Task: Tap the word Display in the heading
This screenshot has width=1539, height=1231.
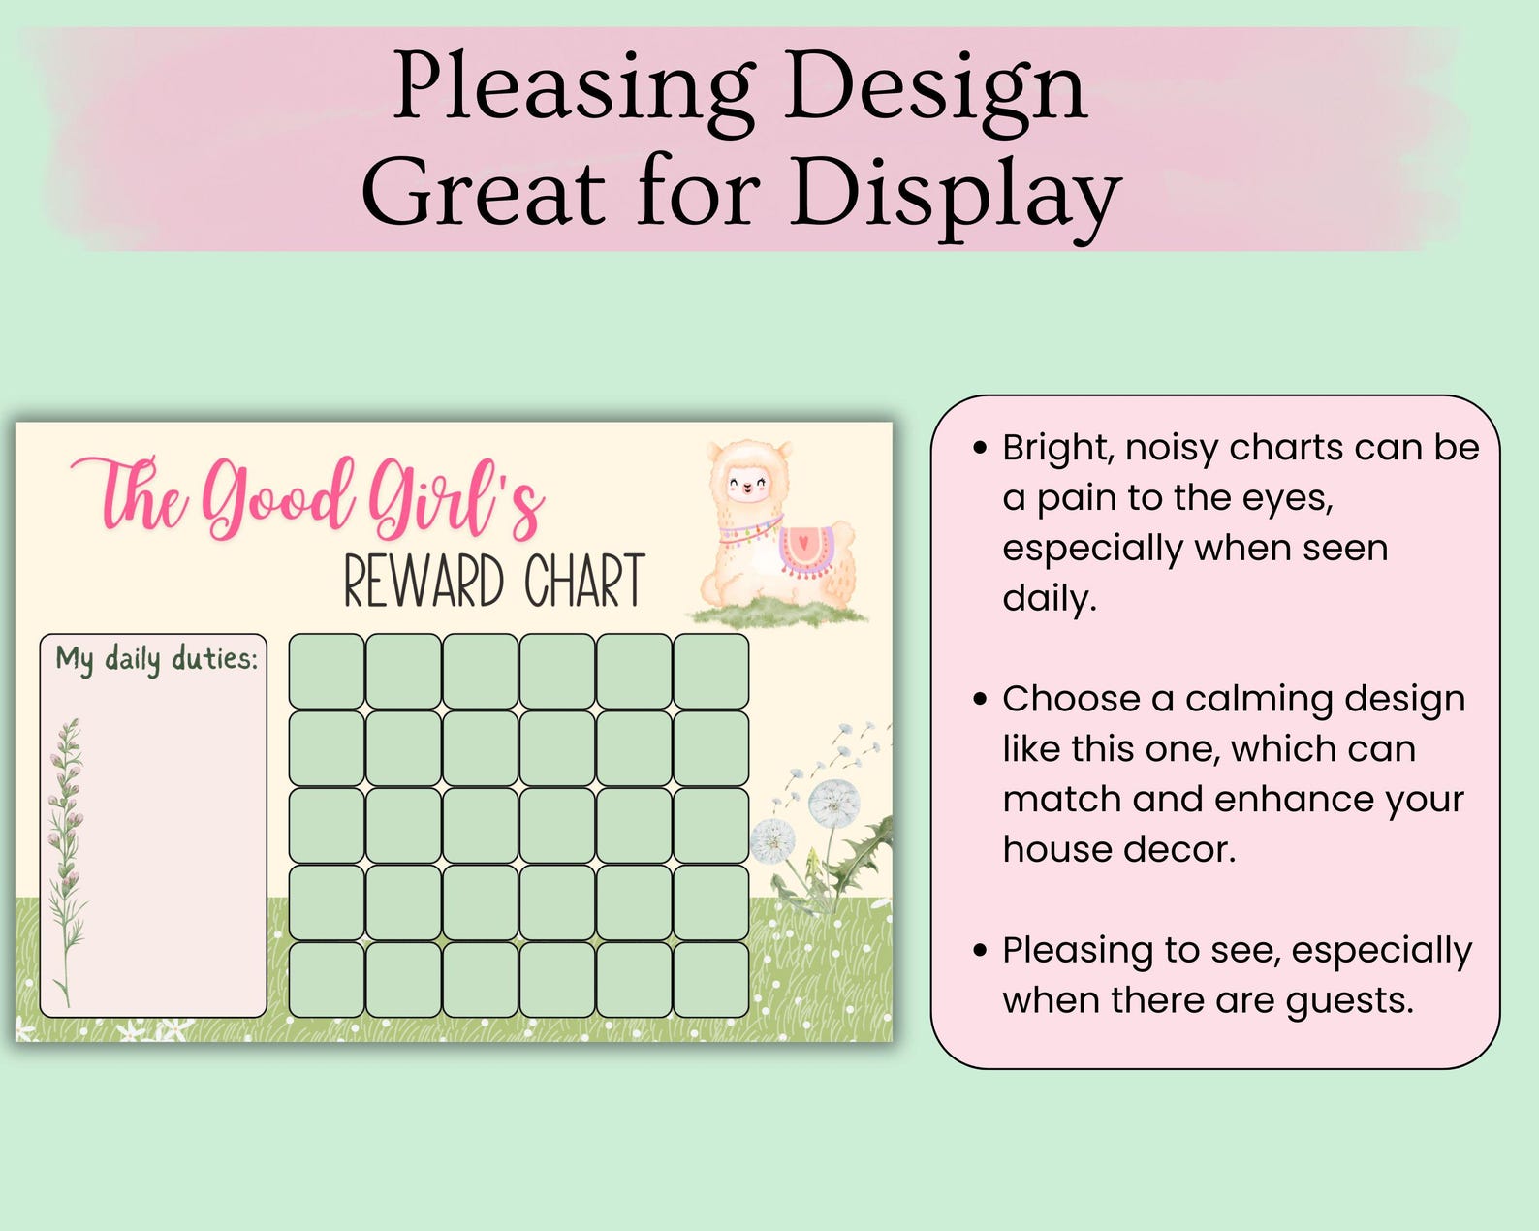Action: pos(955,194)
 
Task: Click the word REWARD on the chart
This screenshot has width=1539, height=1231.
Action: pos(424,582)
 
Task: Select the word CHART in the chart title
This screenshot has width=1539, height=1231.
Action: pos(584,582)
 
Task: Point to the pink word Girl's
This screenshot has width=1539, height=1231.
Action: pos(455,499)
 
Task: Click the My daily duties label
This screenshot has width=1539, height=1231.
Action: pos(156,659)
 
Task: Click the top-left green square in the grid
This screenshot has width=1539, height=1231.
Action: pos(327,671)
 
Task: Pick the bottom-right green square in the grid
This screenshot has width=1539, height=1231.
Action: pos(710,979)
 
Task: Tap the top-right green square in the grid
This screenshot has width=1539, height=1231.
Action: pos(710,671)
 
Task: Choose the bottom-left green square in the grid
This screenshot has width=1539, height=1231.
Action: pos(327,979)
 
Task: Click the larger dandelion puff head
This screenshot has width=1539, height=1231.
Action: pos(833,804)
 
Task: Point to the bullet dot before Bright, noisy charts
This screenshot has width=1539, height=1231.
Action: pos(981,449)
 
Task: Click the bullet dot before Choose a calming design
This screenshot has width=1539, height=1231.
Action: pos(981,699)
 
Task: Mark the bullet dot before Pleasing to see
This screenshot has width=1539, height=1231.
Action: pos(981,951)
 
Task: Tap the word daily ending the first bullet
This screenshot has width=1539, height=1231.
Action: pos(1049,598)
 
